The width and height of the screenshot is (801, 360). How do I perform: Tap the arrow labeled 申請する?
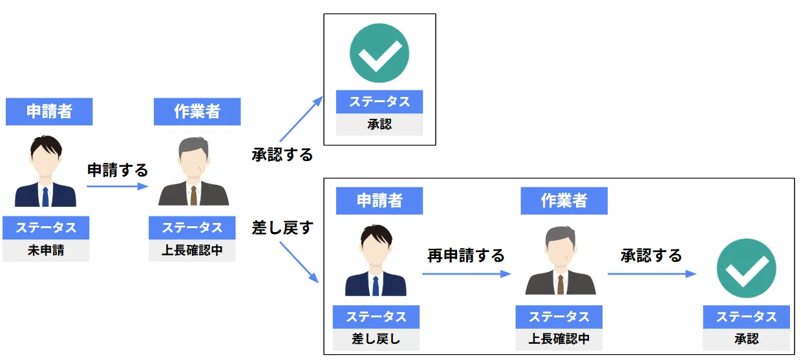click(117, 187)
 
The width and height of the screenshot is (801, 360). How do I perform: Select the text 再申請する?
click(465, 255)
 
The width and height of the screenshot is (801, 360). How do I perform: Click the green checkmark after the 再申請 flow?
click(746, 268)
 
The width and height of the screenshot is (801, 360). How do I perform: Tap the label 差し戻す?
click(282, 228)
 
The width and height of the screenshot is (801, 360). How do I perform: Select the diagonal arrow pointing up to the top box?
click(301, 119)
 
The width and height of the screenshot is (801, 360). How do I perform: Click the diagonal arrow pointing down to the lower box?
click(299, 262)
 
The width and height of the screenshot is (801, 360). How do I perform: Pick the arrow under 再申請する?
click(466, 274)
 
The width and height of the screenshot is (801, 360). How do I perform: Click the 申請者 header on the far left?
click(49, 111)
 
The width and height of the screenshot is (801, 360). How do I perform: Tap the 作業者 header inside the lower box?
click(564, 200)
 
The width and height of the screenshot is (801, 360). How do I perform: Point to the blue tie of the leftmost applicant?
click(45, 196)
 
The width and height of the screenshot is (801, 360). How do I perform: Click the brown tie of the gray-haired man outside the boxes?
click(193, 195)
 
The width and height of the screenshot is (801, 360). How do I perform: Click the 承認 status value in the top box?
click(379, 125)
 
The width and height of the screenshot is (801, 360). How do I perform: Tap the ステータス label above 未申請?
click(46, 228)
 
